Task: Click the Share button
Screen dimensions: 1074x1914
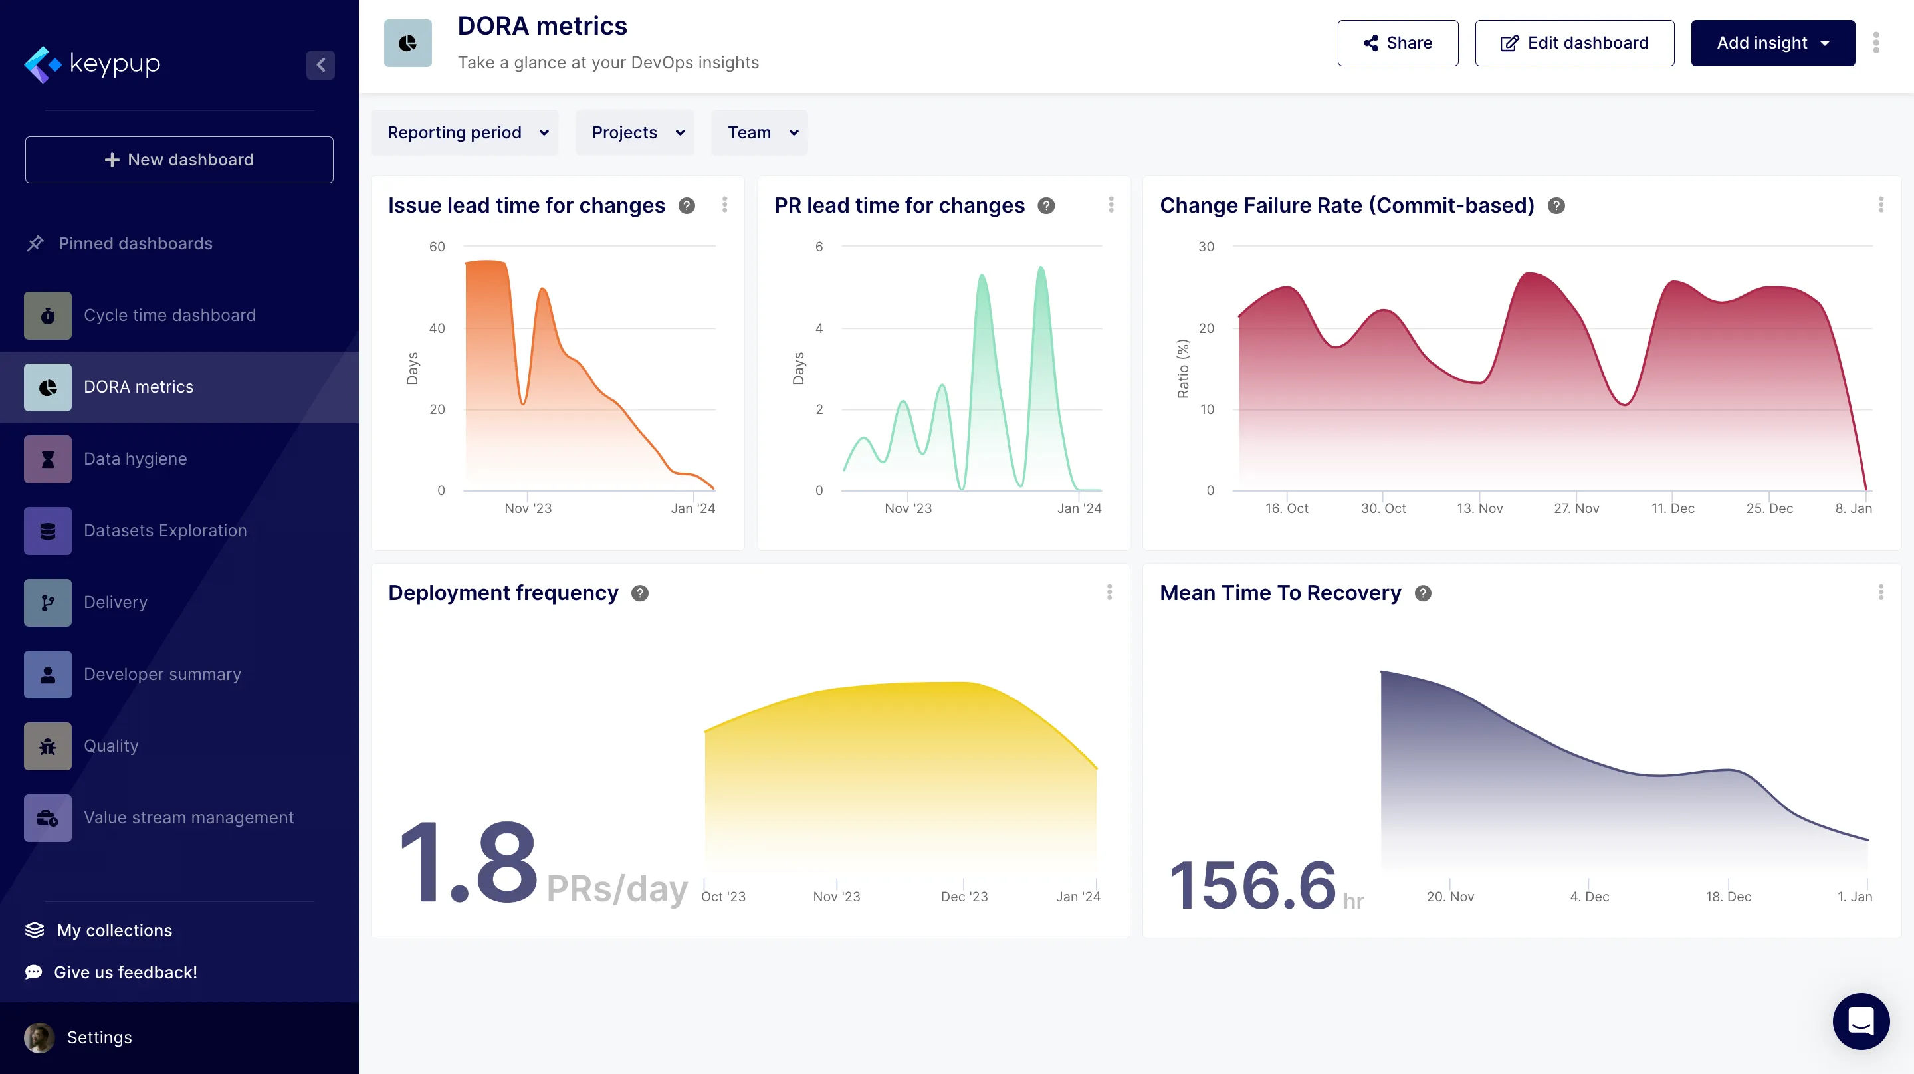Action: point(1397,43)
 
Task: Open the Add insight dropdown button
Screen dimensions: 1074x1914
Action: point(1772,43)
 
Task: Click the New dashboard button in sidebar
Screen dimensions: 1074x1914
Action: point(179,160)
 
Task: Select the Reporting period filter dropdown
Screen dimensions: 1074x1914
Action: point(465,132)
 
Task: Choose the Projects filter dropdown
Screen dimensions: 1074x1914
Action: point(635,132)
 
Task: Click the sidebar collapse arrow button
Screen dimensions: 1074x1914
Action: point(320,64)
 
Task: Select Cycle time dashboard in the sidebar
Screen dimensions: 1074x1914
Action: point(169,315)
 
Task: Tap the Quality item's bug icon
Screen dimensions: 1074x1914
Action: point(48,746)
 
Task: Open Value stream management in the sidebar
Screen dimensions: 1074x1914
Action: point(189,817)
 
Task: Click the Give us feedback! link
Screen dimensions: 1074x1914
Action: point(125,972)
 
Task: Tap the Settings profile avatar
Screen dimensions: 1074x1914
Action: point(39,1037)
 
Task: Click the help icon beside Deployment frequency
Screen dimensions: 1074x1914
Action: point(640,593)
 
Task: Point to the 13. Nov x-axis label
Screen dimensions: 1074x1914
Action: point(1479,508)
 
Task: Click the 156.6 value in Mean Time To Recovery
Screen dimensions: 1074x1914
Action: point(1252,885)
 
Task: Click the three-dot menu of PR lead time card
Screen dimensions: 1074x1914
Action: point(1111,205)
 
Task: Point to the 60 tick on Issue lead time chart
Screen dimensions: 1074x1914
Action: point(437,247)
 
